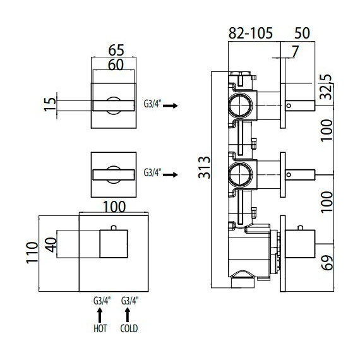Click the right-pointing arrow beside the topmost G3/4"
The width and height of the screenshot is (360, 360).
(171, 107)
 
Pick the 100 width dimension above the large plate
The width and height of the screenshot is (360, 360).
(114, 207)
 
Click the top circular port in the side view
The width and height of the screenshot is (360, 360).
(241, 105)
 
